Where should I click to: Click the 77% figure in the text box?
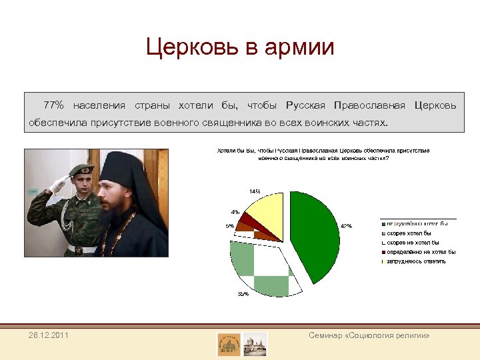(x=53, y=105)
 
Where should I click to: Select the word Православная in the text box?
(x=370, y=105)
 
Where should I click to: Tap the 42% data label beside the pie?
(x=346, y=226)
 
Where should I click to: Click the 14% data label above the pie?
(x=255, y=191)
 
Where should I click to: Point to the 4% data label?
(x=235, y=212)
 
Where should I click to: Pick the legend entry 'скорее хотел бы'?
(x=409, y=233)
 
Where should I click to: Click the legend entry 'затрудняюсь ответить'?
(x=417, y=261)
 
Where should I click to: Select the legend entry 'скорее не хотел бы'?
(x=413, y=243)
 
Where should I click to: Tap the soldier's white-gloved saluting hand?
(x=58, y=185)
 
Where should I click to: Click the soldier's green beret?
(x=81, y=171)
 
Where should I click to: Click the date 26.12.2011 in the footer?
(x=47, y=335)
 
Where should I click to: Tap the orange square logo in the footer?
(x=229, y=344)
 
